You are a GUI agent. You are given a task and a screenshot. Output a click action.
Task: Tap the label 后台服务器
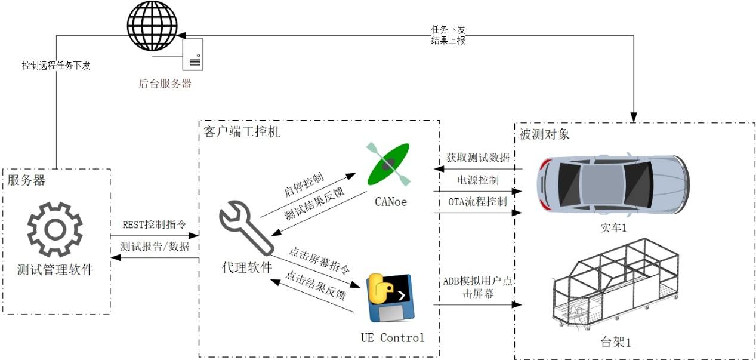[x=165, y=84]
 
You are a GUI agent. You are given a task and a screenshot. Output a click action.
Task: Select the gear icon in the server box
[x=55, y=229]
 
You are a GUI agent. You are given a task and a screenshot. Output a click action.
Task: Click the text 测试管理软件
[x=55, y=269]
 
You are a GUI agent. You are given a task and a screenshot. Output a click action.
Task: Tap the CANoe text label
[x=391, y=202]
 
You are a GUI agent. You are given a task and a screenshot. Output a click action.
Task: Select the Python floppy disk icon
[x=391, y=298]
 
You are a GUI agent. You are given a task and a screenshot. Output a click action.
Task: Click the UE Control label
[x=392, y=338]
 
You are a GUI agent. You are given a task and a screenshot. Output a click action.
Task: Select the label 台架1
[x=615, y=343]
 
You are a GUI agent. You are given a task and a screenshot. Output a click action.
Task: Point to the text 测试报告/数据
[x=155, y=247]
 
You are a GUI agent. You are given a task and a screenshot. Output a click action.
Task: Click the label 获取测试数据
[x=478, y=158]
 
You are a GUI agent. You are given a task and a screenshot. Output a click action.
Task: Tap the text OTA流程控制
[x=478, y=202]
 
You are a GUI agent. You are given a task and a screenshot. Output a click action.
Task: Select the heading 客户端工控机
[x=242, y=131]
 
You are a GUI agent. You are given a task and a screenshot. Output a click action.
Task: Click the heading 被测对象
[x=544, y=134]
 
